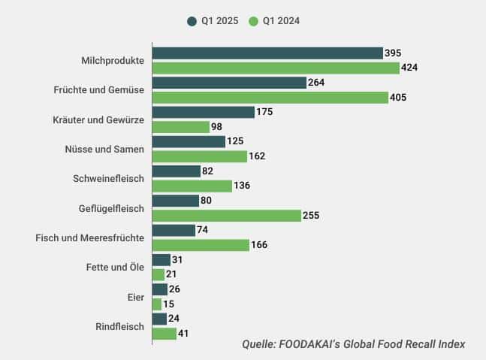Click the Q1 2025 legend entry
(x=213, y=21)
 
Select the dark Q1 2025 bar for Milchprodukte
(x=267, y=53)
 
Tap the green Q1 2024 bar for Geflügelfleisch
(x=226, y=216)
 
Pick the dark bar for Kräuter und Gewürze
(x=203, y=112)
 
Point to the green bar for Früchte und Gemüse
(x=270, y=97)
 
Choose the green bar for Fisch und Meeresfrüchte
(x=200, y=245)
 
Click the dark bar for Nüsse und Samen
(x=189, y=141)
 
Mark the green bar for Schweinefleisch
(x=192, y=186)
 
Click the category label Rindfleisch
(x=119, y=326)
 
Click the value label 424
(x=409, y=68)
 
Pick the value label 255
(x=311, y=216)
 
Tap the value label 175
(x=264, y=112)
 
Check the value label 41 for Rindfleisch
(x=185, y=334)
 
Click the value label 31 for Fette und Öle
(x=177, y=260)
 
